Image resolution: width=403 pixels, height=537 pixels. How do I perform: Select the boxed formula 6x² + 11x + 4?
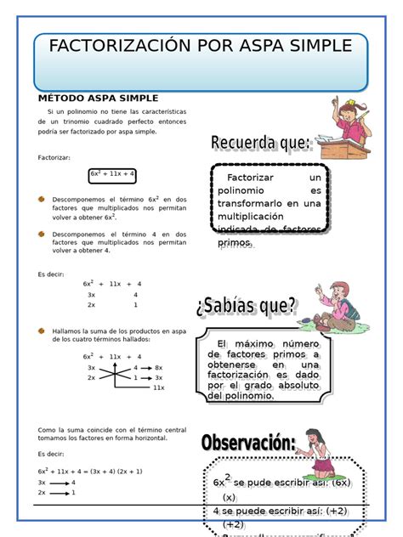pos(112,174)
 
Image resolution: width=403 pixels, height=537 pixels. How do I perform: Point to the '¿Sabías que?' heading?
pos(247,306)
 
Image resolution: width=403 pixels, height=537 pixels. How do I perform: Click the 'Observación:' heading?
pos(248,443)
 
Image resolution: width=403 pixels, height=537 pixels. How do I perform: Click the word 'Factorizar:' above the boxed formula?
pos(54,157)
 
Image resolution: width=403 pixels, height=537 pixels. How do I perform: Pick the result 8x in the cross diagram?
pos(158,367)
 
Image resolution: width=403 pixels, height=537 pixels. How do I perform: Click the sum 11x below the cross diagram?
pos(158,387)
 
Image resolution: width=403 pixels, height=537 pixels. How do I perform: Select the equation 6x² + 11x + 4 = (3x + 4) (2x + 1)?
pos(90,471)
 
